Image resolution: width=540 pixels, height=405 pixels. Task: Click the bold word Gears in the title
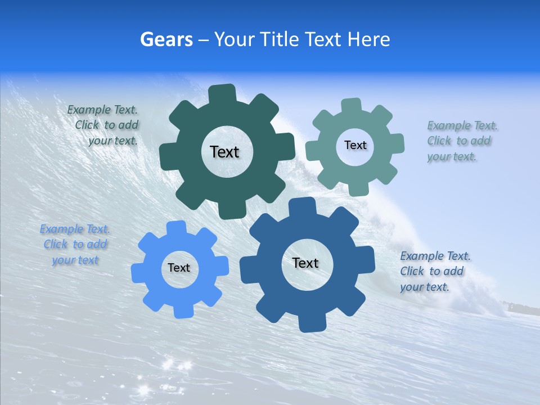[166, 39]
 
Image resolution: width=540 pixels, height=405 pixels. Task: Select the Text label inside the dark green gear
[224, 152]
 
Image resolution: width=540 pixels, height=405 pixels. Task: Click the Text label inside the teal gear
[355, 145]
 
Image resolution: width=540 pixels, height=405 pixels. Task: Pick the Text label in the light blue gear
[179, 268]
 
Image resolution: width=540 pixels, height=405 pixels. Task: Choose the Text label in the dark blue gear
[305, 263]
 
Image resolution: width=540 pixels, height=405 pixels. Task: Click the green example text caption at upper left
[105, 125]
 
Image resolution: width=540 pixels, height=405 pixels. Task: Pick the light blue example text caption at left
[75, 245]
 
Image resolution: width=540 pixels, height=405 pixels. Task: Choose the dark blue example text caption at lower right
[434, 272]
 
